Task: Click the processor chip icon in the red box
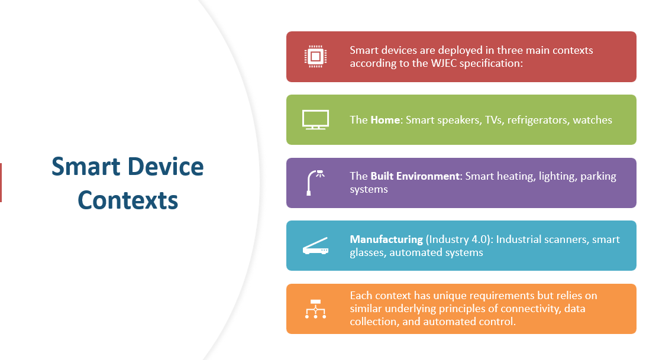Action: click(x=316, y=56)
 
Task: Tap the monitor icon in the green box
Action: click(x=316, y=120)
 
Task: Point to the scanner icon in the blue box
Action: click(x=316, y=246)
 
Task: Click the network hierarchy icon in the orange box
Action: click(x=316, y=309)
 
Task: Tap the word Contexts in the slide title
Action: click(x=128, y=200)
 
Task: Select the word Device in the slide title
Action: click(x=166, y=166)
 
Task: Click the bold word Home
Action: click(x=385, y=120)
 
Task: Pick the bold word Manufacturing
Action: click(x=386, y=239)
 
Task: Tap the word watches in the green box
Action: click(x=593, y=120)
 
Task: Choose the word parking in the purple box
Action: click(x=598, y=176)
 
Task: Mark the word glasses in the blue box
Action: click(x=367, y=252)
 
